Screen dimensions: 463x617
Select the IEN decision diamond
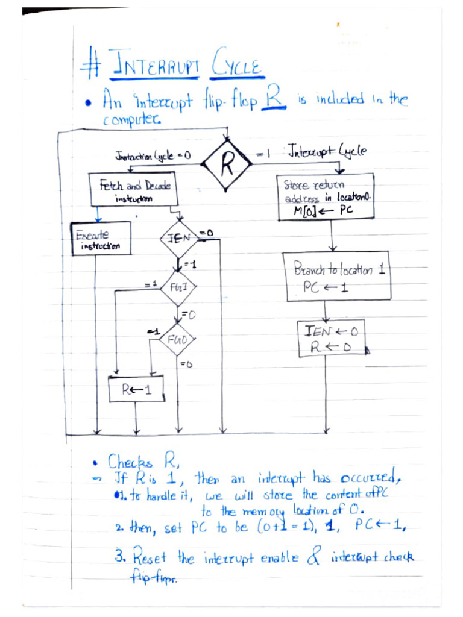pos(180,238)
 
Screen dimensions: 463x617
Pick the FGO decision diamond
pos(176,340)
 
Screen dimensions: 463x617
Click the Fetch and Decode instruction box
pos(134,190)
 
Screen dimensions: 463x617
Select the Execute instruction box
pos(101,238)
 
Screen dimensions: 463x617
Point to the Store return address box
pos(326,196)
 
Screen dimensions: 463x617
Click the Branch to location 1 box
pos(337,276)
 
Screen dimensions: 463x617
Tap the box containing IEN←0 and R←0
pos(331,338)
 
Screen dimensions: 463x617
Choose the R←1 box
pos(136,389)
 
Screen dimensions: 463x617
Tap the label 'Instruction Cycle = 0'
pos(153,156)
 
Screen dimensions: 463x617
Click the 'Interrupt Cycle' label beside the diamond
pos(326,151)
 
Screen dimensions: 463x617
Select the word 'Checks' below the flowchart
pos(132,462)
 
